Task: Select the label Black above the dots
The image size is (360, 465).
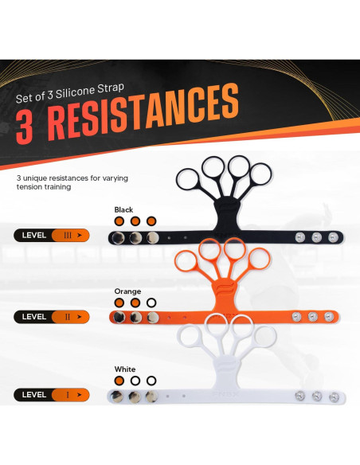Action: click(x=123, y=209)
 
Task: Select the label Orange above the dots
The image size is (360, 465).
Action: click(x=127, y=291)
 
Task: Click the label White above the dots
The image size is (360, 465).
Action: click(x=124, y=369)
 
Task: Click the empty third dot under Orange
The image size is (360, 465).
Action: click(x=151, y=303)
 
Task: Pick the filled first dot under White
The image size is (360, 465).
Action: click(x=119, y=381)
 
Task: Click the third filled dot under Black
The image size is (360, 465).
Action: click(x=151, y=221)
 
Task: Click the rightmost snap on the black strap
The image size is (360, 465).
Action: click(x=333, y=237)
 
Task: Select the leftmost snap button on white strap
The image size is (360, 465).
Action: click(x=118, y=396)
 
